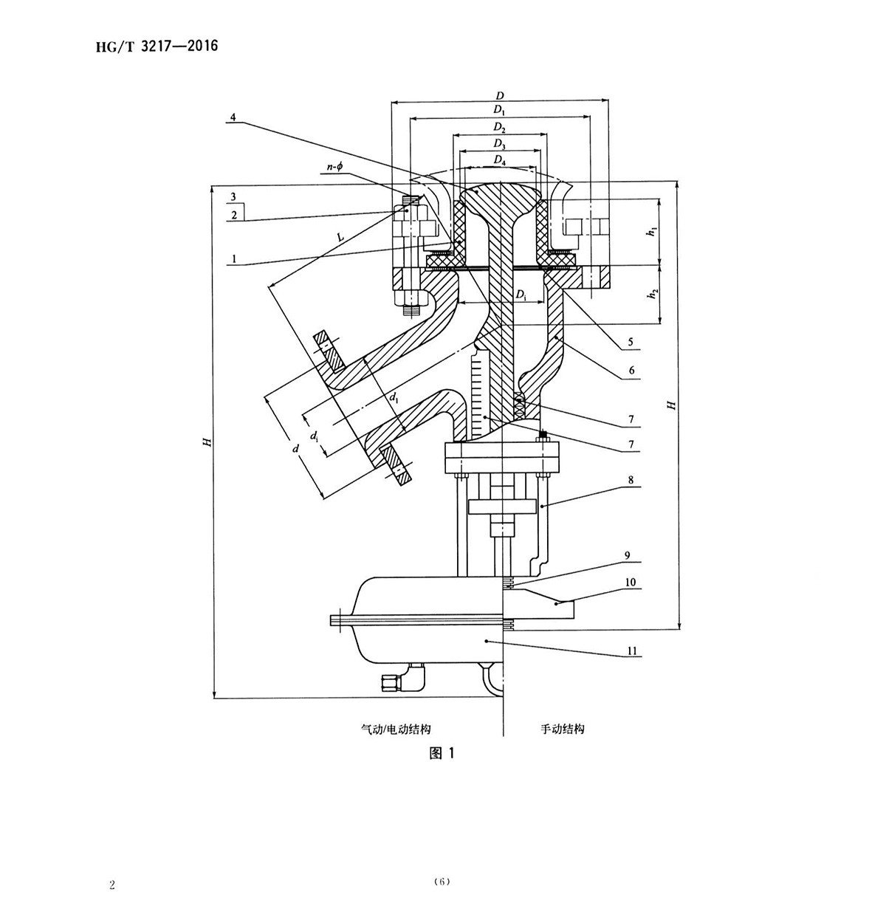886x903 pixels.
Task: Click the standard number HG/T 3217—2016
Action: tap(157, 47)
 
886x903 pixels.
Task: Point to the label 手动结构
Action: tap(563, 729)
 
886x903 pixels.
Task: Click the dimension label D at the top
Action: tap(500, 95)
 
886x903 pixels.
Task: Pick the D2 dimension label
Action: tap(500, 128)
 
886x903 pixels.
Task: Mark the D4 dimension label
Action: tap(500, 160)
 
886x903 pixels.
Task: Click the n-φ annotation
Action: tap(334, 168)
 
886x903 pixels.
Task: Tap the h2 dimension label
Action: tap(651, 294)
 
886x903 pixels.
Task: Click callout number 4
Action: tap(233, 118)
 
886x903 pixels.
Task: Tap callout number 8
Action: tap(630, 480)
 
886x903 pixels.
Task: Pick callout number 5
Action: tap(630, 343)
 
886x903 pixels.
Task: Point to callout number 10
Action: tap(630, 583)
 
